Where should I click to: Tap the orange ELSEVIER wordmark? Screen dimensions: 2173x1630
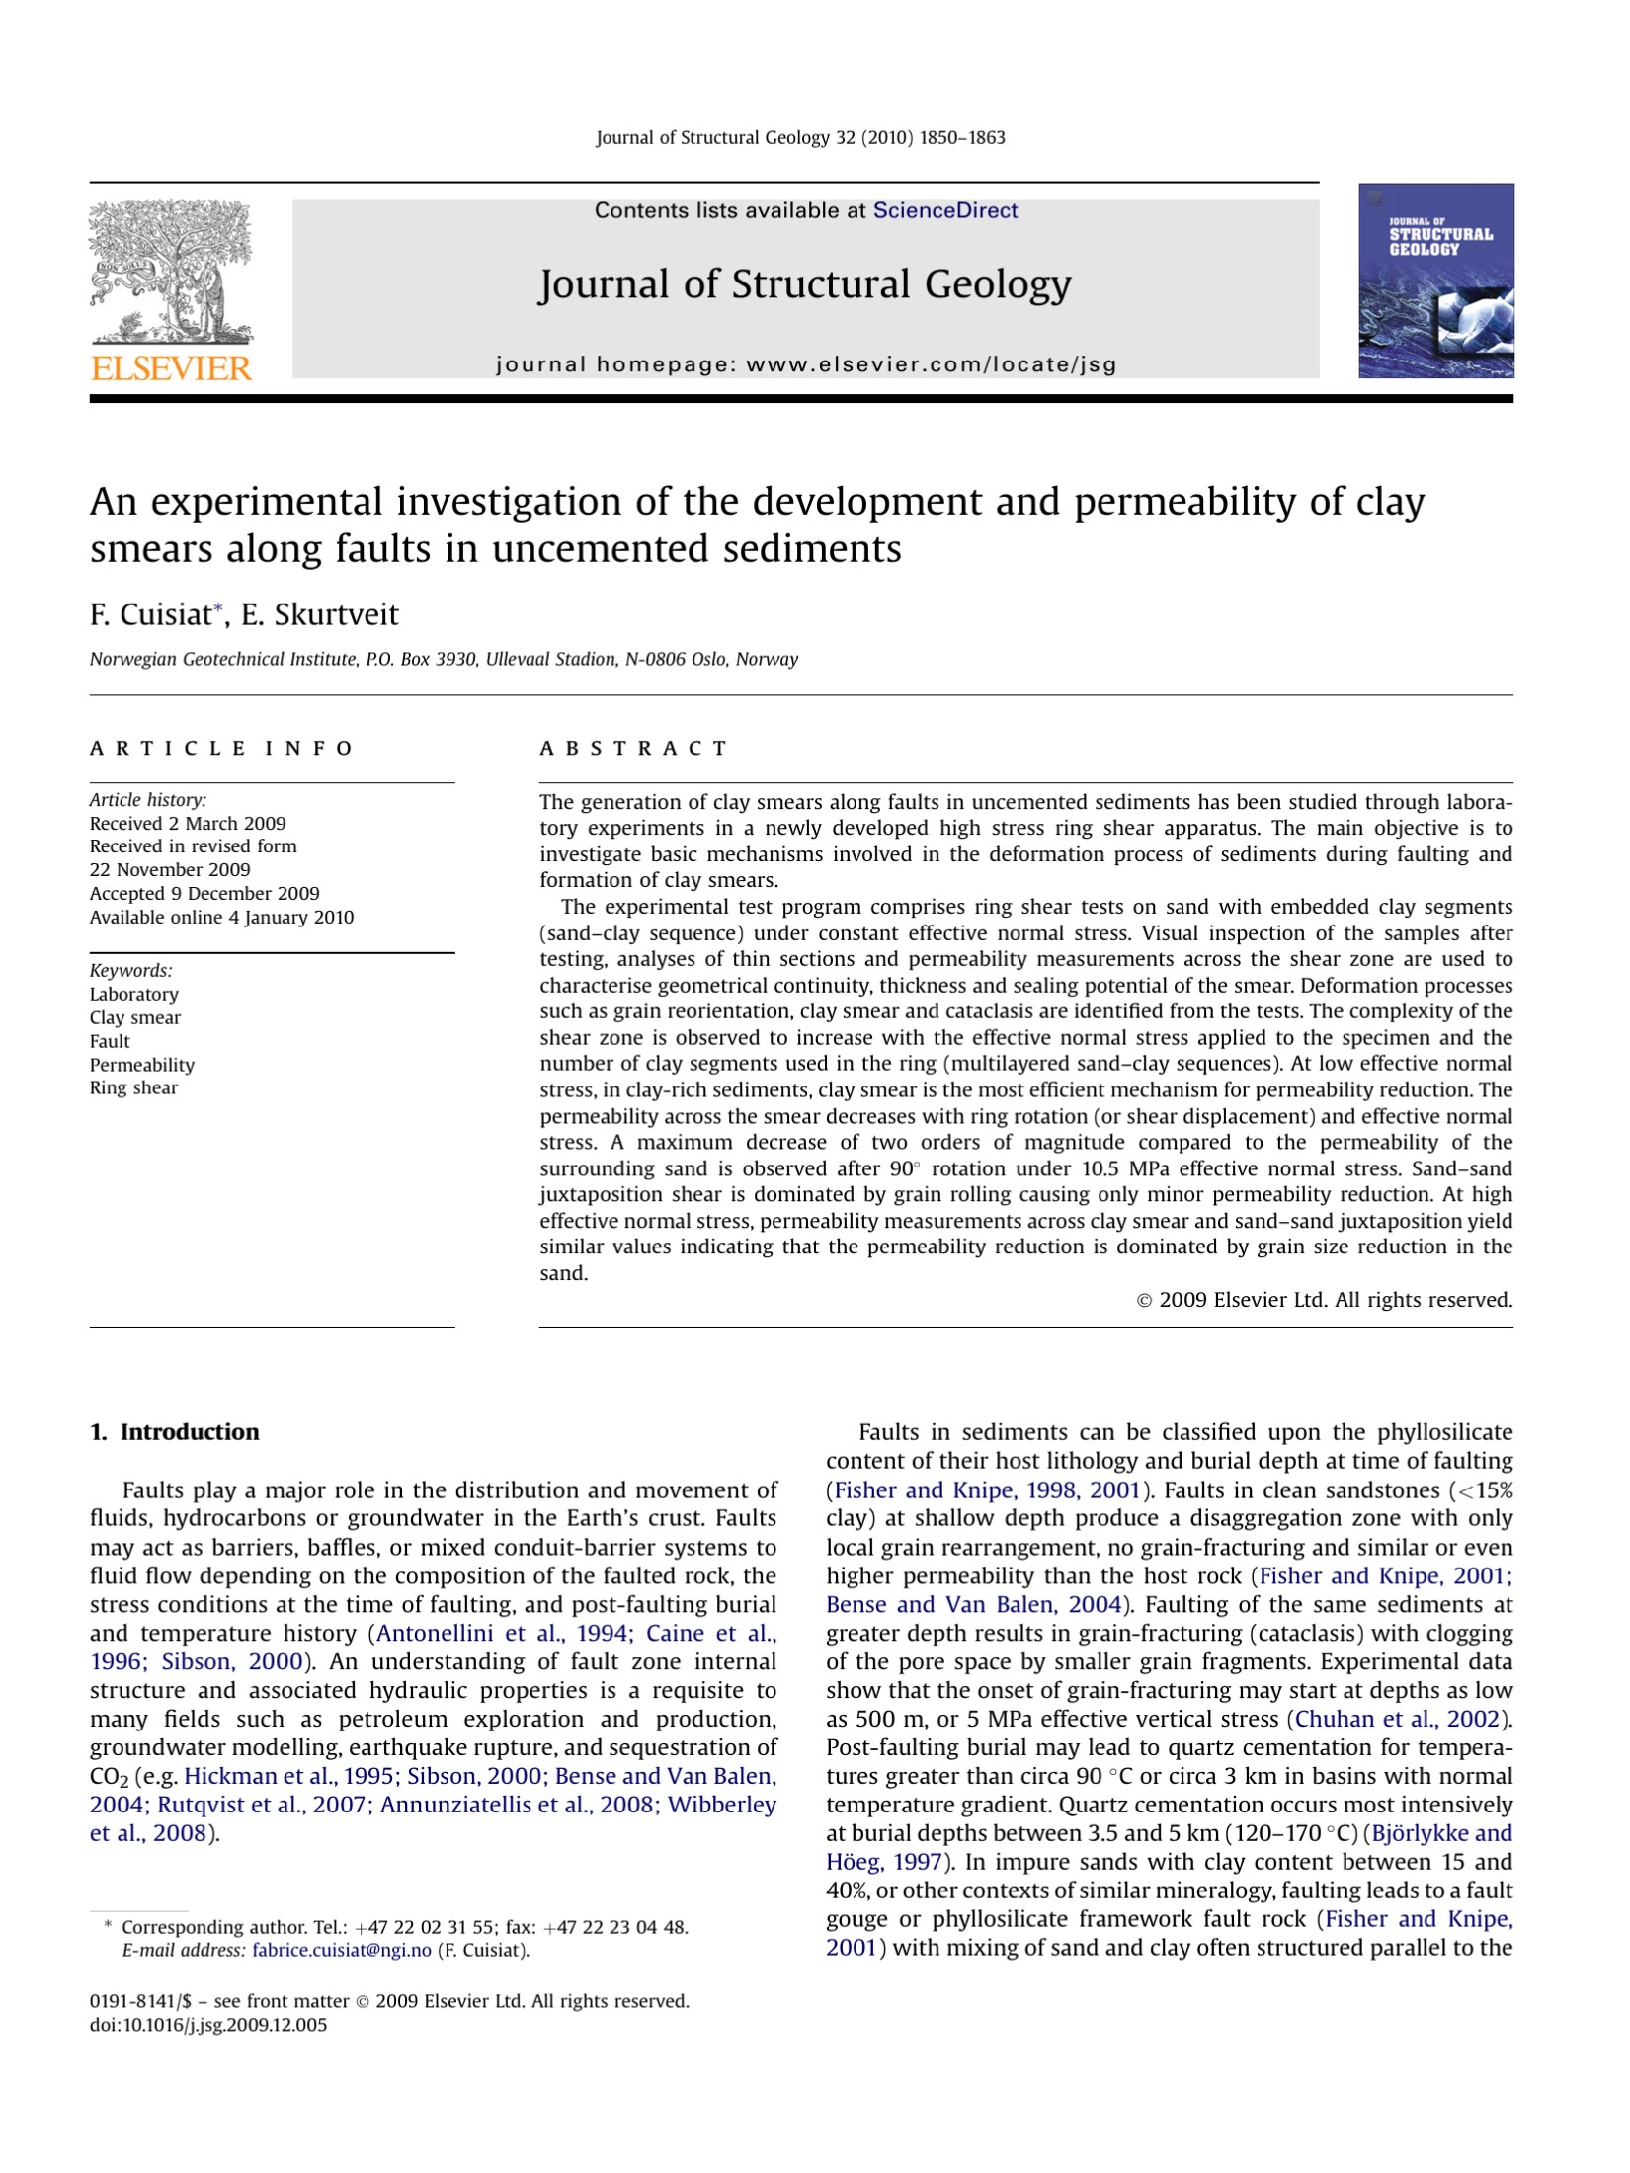coord(171,368)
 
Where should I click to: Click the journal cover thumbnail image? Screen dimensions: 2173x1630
coord(1435,281)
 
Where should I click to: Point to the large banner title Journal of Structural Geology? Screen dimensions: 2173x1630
coord(804,284)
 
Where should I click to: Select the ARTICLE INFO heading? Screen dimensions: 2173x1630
coord(221,748)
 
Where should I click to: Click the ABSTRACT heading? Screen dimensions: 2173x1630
coord(633,748)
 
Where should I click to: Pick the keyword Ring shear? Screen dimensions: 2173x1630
coord(133,1087)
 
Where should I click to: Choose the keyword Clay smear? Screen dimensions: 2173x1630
coord(135,1017)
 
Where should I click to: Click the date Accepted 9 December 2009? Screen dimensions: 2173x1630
coord(204,893)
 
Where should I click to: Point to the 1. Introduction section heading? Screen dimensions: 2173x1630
coord(175,1432)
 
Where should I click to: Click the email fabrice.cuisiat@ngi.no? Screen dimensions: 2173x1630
coord(342,1950)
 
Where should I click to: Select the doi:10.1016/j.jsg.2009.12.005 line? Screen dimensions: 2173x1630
coord(208,2025)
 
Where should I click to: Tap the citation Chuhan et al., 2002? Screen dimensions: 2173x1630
coord(1398,1719)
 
